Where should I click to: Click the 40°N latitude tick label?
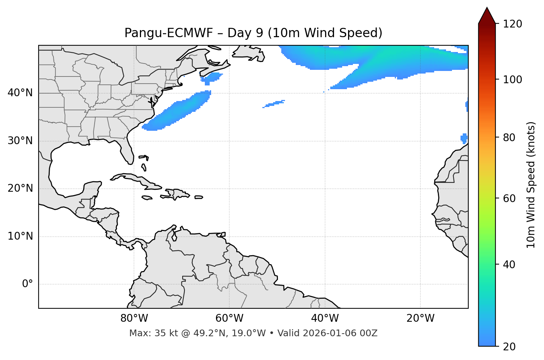[x=20, y=93]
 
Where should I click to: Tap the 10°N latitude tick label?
[x=20, y=236]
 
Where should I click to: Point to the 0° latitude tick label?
[x=27, y=284]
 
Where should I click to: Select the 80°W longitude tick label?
[x=134, y=318]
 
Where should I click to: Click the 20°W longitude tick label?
[x=420, y=318]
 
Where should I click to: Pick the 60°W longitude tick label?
[x=229, y=318]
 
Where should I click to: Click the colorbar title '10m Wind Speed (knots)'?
[x=531, y=185]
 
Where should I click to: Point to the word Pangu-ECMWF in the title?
[x=168, y=33]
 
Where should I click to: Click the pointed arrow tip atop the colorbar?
[x=487, y=9]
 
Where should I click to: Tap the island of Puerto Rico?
[x=199, y=197]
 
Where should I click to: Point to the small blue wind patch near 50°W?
[x=274, y=104]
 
